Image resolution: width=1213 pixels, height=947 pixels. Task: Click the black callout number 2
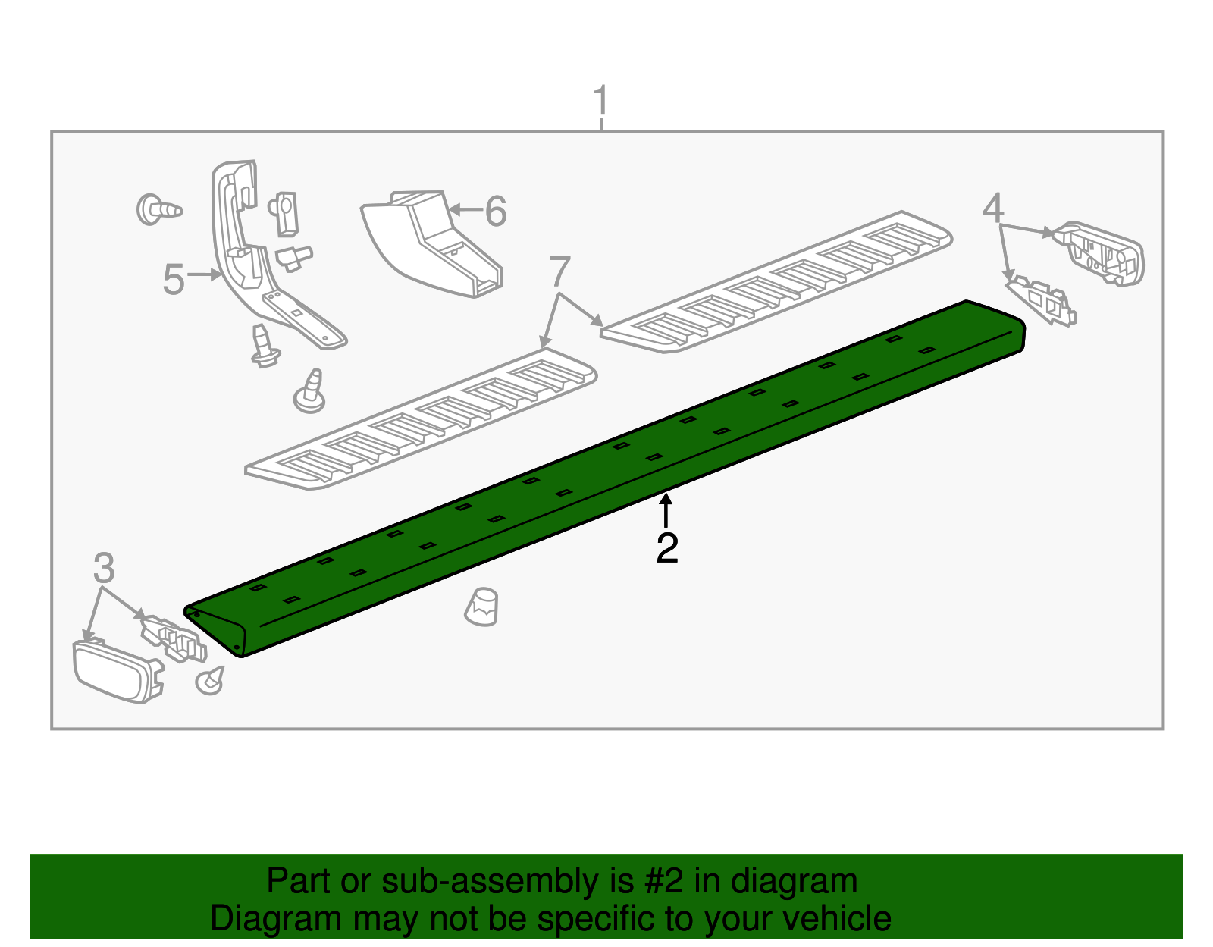coord(666,548)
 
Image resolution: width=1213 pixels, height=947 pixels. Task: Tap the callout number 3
coord(104,568)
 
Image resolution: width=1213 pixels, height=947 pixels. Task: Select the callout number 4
coord(992,208)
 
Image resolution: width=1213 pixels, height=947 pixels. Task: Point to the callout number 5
coord(174,280)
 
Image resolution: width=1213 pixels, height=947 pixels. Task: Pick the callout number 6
coord(496,212)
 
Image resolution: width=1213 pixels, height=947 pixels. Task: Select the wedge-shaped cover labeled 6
coord(432,243)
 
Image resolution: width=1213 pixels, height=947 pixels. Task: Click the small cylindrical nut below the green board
coord(482,607)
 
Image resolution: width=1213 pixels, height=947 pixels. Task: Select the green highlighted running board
coord(606,478)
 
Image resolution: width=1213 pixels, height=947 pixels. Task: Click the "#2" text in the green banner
coord(664,881)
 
